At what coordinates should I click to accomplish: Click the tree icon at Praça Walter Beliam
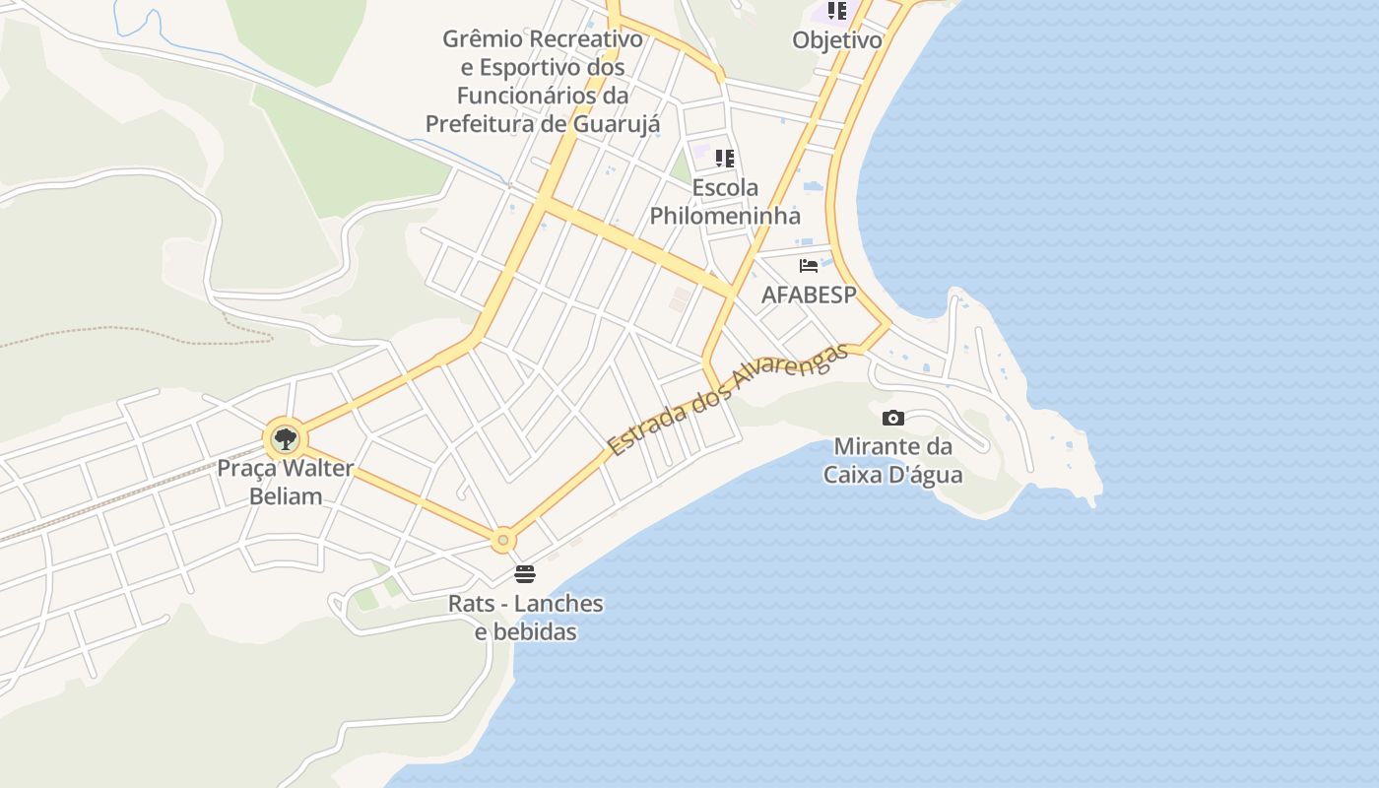(x=285, y=438)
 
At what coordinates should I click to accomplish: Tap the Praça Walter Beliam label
(x=285, y=482)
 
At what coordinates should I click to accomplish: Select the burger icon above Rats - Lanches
(x=525, y=574)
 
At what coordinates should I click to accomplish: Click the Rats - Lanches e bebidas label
(x=525, y=617)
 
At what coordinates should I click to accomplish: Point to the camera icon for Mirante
(x=893, y=418)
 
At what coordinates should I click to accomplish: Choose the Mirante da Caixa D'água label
(x=893, y=460)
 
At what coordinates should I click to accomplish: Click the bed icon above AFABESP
(x=809, y=265)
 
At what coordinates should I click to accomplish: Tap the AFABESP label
(x=809, y=295)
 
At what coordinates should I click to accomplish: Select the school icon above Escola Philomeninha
(x=725, y=158)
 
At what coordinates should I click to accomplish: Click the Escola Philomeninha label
(x=725, y=201)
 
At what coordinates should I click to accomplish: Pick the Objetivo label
(x=837, y=40)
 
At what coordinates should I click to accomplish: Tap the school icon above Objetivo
(x=836, y=11)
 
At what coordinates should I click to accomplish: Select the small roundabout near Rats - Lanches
(x=503, y=540)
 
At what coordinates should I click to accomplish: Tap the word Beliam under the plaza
(x=286, y=496)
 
